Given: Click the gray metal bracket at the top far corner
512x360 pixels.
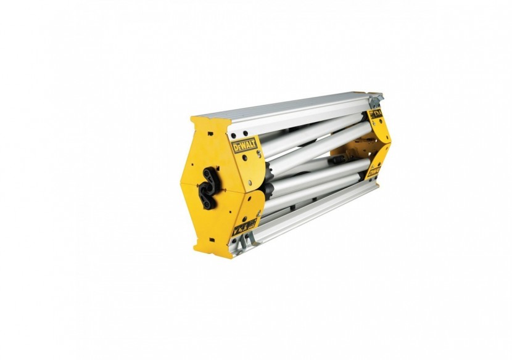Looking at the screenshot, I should pyautogui.click(x=376, y=99).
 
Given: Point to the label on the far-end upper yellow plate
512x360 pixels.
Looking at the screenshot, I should pyautogui.click(x=376, y=115).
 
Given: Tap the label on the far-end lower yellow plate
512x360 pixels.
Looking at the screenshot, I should pyautogui.click(x=374, y=172).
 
